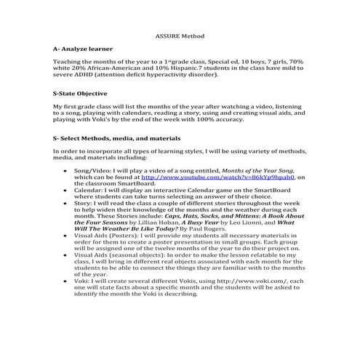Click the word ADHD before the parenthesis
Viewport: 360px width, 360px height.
pos(89,74)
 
